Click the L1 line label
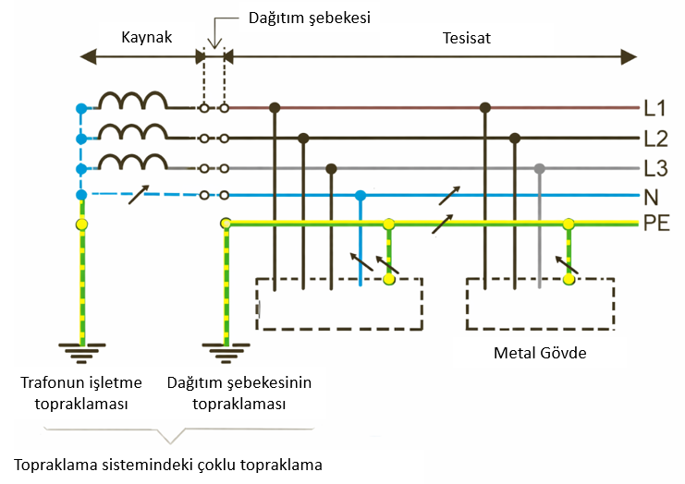[x=655, y=109]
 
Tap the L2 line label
[x=655, y=139]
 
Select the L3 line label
[x=655, y=169]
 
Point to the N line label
[x=651, y=196]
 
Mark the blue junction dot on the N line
[x=361, y=196]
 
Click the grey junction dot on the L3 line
[x=540, y=169]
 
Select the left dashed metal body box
[x=338, y=303]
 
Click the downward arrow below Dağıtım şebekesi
[x=214, y=39]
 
